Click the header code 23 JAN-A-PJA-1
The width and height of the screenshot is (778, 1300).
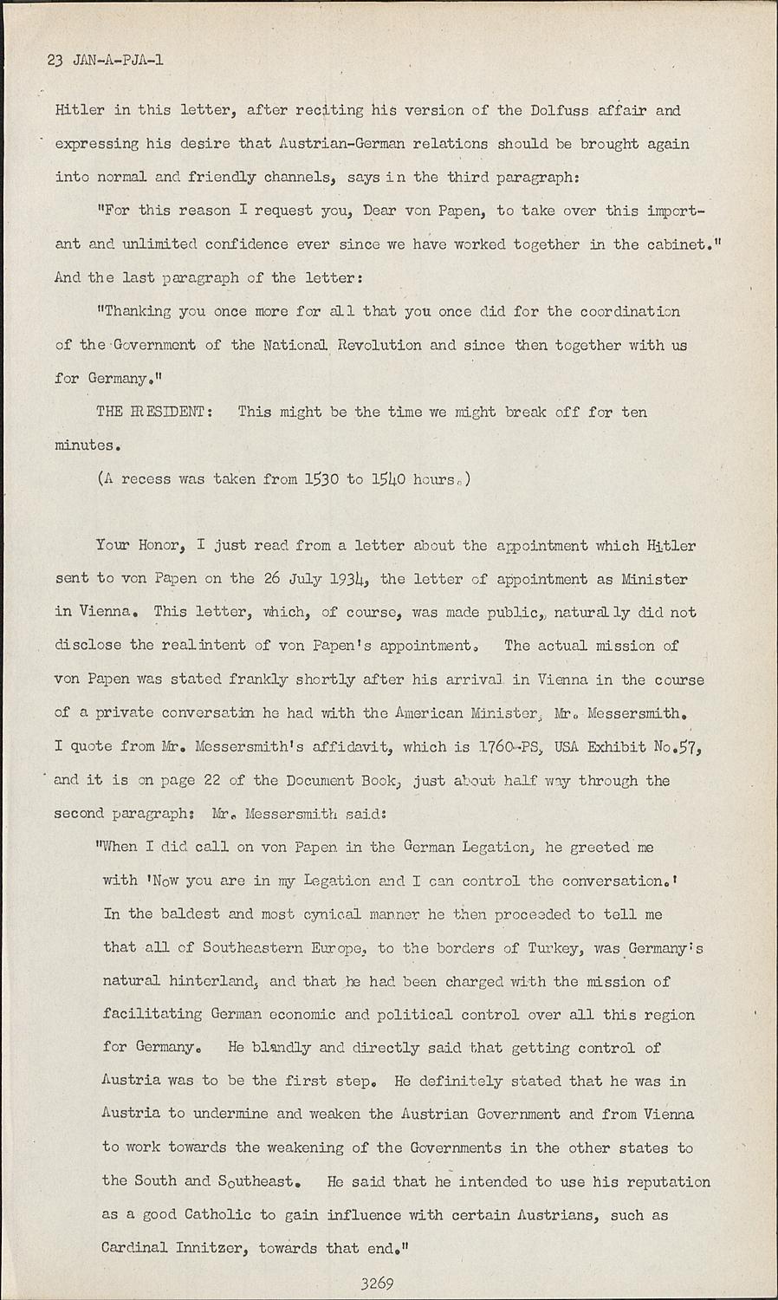point(109,61)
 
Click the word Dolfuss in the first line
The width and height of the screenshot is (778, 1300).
point(561,111)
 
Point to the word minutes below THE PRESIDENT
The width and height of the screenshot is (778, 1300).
point(84,445)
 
